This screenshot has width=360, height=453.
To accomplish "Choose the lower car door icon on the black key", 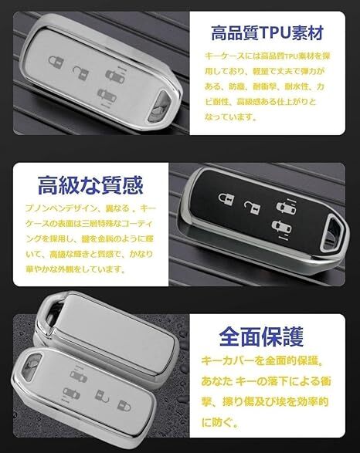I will coord(277,225).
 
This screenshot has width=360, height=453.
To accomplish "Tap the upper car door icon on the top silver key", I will coord(110,75).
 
